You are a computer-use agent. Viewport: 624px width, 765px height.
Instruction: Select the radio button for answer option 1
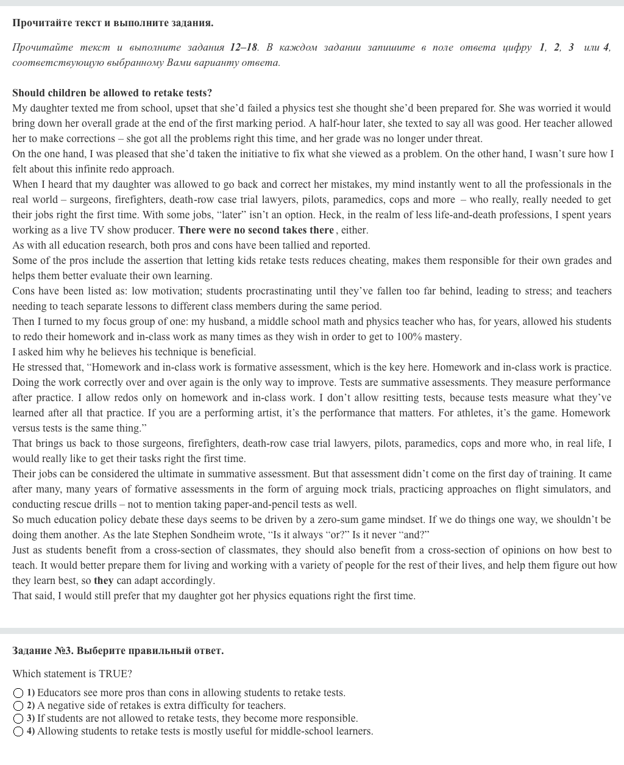[x=18, y=693]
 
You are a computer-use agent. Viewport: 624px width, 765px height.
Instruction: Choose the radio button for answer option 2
[x=18, y=706]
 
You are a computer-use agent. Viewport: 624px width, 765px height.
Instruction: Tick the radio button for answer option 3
[x=18, y=719]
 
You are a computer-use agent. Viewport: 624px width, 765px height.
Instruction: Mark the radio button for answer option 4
[x=18, y=731]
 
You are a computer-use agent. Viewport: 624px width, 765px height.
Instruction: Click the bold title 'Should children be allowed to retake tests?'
[x=112, y=93]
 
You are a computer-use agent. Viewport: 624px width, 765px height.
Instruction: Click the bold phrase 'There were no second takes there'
[x=256, y=230]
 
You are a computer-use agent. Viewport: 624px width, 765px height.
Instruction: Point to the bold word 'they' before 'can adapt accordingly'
[x=104, y=581]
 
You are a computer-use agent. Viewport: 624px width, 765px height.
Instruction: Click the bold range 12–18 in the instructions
[x=244, y=48]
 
